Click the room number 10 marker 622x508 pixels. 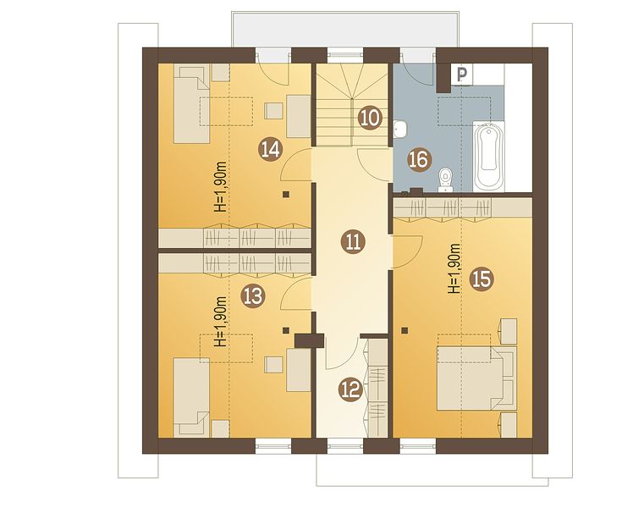coord(370,118)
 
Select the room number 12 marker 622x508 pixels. coord(350,389)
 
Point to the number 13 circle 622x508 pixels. coord(254,295)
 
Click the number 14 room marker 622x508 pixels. coord(270,150)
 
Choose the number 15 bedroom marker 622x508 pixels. coord(482,279)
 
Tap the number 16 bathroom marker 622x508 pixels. coord(419,159)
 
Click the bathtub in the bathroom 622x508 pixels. coord(489,157)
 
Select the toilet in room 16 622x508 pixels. coord(446,179)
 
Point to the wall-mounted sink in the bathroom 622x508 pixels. coord(399,129)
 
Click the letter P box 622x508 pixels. coord(461,75)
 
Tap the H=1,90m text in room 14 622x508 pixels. coord(221,185)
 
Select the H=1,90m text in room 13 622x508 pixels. coord(221,322)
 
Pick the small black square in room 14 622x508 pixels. coord(286,194)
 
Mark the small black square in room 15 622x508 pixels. coord(405,330)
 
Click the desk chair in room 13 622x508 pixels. coord(273,364)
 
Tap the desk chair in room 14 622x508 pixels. coord(273,111)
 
